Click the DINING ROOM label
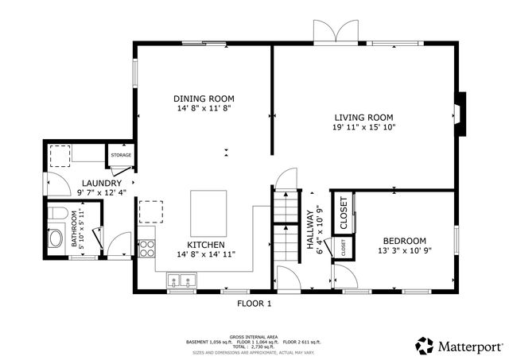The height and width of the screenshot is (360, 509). [204, 99]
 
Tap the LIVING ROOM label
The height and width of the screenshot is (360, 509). [363, 116]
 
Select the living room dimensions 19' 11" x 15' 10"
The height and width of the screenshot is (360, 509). [363, 127]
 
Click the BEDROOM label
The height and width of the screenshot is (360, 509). [404, 241]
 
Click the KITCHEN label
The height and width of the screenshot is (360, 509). [205, 244]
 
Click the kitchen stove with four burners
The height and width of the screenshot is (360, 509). [146, 247]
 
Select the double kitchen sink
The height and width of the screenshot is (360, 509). [182, 280]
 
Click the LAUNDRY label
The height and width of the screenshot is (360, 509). [100, 183]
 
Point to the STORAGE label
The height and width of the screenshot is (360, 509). [121, 155]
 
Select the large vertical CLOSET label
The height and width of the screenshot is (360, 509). [344, 211]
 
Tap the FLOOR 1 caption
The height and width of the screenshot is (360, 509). [254, 304]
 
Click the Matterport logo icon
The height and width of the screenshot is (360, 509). [425, 346]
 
